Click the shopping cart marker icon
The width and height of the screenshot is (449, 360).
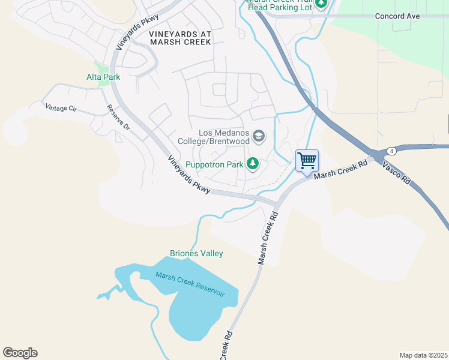click(307, 161)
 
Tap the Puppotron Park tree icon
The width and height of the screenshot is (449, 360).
click(253, 163)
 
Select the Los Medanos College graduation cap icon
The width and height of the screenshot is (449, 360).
click(259, 137)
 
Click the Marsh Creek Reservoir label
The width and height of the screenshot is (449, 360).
click(190, 284)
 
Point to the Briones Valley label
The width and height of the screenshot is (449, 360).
click(196, 253)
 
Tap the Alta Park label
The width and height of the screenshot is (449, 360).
click(103, 77)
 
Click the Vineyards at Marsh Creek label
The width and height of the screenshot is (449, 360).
click(180, 38)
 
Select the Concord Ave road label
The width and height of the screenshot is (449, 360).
click(397, 16)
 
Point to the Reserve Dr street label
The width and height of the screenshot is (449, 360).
click(118, 118)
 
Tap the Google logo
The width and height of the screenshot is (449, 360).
click(20, 353)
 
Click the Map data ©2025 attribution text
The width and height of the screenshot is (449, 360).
click(423, 355)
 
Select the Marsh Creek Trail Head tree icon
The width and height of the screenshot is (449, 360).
click(321, 4)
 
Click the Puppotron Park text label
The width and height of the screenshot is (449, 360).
click(214, 164)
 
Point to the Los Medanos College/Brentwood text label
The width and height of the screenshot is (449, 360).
click(214, 137)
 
